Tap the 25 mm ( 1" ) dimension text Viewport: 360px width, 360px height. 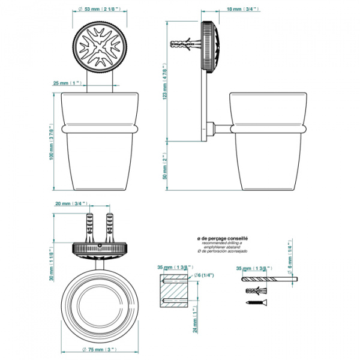(x=67, y=82)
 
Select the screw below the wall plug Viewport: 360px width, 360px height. (x=255, y=303)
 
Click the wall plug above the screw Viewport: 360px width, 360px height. (x=254, y=291)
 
